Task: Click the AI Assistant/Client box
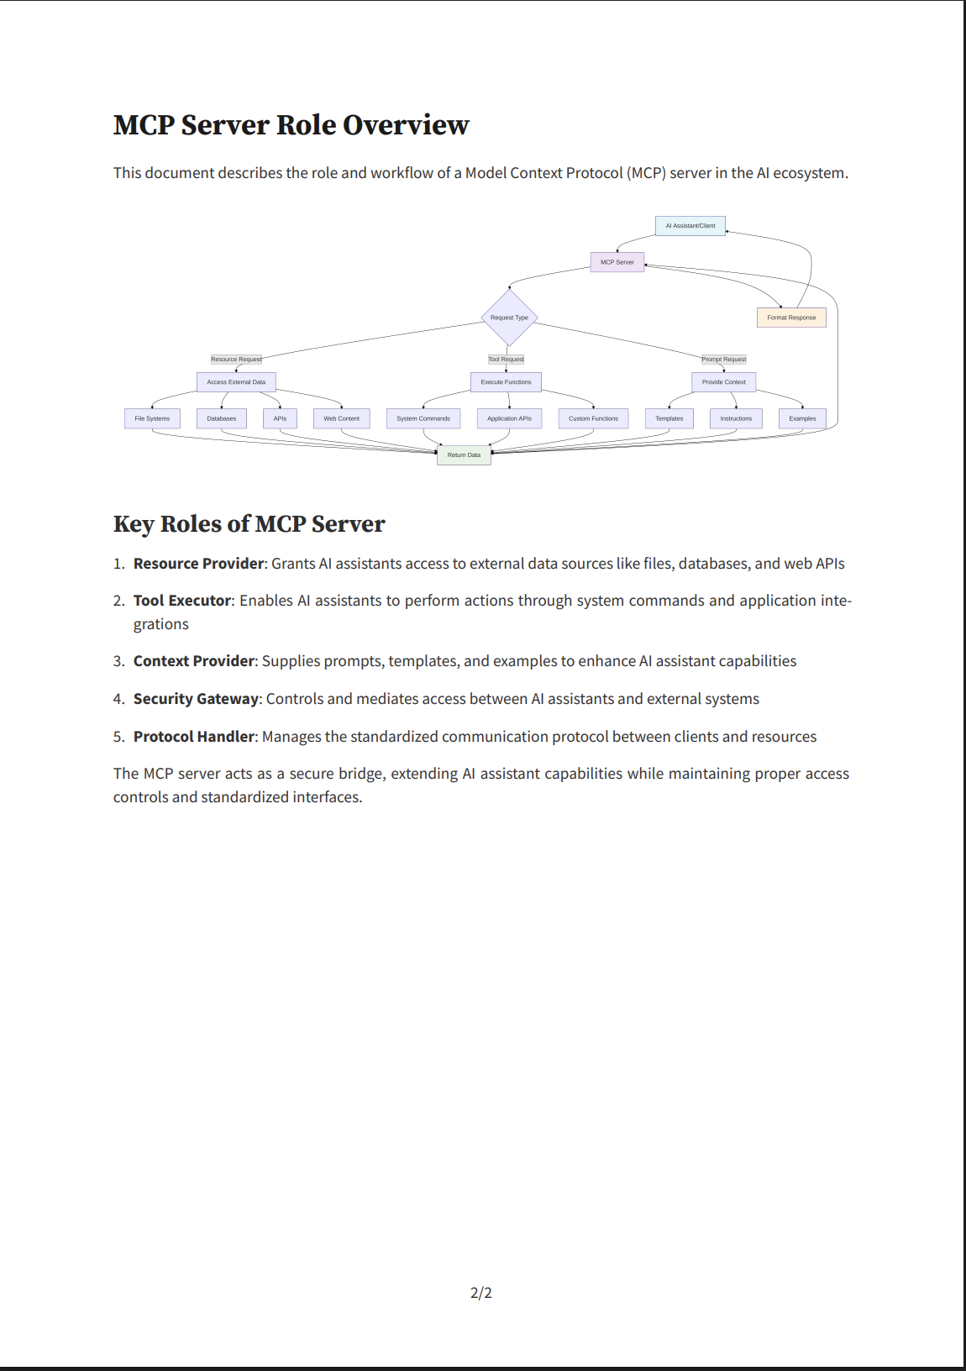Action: tap(690, 226)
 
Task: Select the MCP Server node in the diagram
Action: tap(617, 262)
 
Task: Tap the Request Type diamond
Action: tap(509, 318)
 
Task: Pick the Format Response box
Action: tap(791, 318)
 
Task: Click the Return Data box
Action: tap(464, 454)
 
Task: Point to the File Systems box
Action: tap(152, 418)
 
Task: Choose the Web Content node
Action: tap(342, 418)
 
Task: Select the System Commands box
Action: tap(423, 418)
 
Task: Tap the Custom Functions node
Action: tap(593, 418)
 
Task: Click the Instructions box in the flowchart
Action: tap(736, 418)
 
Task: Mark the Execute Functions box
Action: tap(506, 382)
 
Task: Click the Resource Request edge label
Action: tap(236, 360)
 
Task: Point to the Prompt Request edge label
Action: tap(723, 360)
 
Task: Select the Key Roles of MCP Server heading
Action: tap(249, 524)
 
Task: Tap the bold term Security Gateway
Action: tap(196, 699)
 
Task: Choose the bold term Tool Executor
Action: tap(182, 601)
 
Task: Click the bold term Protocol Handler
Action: tap(193, 736)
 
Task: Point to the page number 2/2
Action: tap(481, 1293)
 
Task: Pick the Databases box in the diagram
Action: tap(222, 418)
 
